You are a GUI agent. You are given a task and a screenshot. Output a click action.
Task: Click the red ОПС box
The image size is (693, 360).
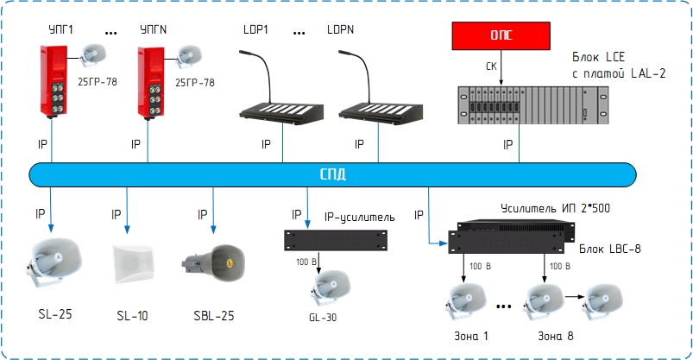point(501,35)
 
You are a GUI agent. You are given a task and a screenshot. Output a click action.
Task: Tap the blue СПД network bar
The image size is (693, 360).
point(332,174)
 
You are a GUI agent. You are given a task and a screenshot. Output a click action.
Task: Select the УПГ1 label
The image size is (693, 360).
point(61,29)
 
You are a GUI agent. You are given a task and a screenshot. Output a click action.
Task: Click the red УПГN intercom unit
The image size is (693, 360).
point(150,83)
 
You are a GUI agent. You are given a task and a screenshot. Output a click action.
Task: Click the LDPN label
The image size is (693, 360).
point(340,29)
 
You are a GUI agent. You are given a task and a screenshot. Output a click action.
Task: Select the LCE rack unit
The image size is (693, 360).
point(532,105)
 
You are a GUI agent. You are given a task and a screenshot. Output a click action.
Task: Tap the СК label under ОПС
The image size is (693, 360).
point(491,66)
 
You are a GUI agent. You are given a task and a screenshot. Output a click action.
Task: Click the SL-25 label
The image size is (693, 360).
point(55,314)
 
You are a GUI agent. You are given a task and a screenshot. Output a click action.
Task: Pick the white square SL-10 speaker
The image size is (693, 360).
point(133,264)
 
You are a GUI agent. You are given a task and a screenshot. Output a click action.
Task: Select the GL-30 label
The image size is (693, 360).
point(323,318)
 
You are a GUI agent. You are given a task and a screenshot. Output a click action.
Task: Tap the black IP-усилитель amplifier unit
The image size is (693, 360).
point(336,240)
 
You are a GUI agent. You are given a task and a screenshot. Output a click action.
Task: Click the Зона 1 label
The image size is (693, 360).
point(471,336)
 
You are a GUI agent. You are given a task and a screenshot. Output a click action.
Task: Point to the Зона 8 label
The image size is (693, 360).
point(556,336)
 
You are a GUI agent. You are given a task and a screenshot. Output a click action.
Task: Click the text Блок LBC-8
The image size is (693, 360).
point(610,249)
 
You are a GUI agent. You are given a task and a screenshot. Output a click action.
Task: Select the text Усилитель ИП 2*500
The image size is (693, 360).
point(555,208)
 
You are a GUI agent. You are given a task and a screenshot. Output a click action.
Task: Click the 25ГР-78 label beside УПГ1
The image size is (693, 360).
point(98,82)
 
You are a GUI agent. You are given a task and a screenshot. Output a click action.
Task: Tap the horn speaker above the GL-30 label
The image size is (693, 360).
point(331,287)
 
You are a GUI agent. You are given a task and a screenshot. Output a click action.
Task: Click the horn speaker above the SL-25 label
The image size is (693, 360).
point(54,262)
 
